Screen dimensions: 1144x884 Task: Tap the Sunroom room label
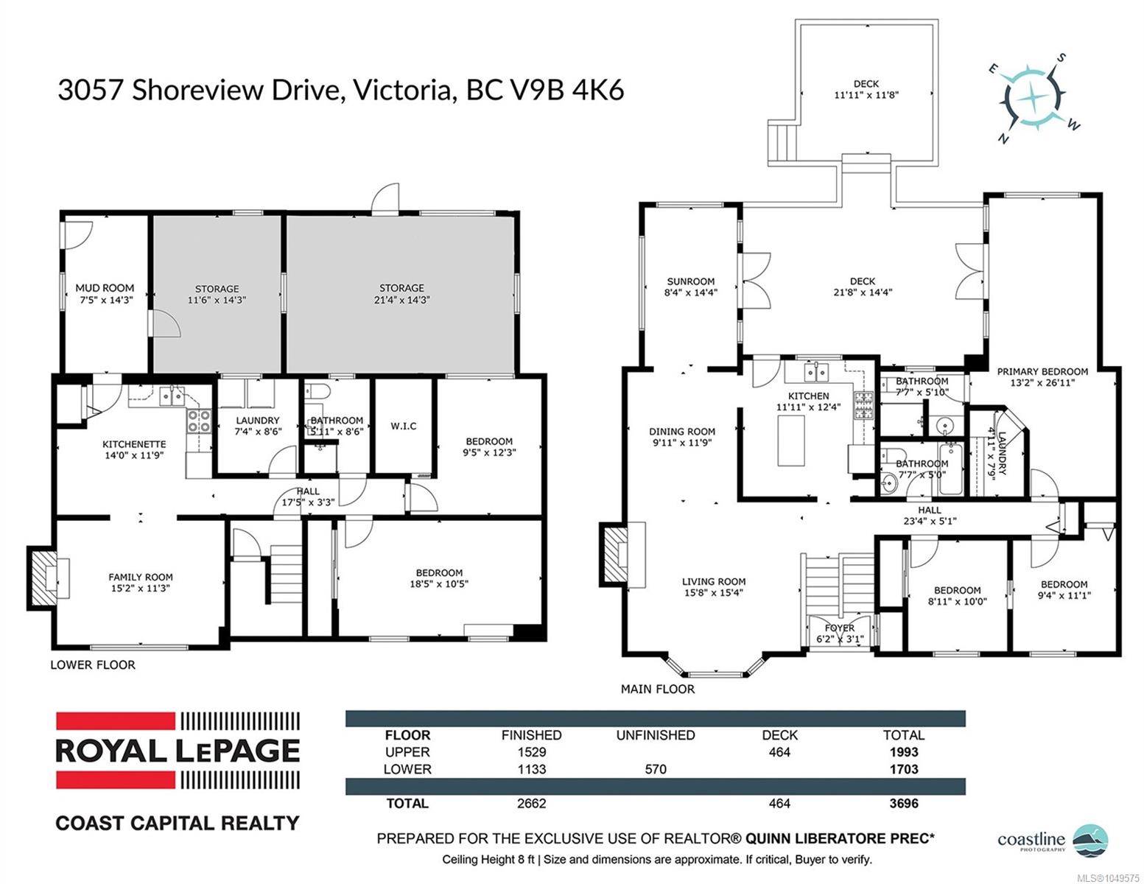[x=691, y=281]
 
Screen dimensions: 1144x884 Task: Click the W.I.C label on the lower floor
[x=403, y=426]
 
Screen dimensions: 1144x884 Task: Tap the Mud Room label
[x=105, y=288]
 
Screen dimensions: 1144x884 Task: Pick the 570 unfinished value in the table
[x=656, y=769]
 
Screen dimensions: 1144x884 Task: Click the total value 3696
[x=904, y=804]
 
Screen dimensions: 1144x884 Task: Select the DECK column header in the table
[x=779, y=735]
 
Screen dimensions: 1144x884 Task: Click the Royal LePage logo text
[x=178, y=751]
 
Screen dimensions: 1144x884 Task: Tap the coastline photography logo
[x=1053, y=839]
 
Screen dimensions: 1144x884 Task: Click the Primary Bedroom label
[x=1042, y=372]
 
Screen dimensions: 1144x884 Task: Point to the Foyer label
[x=840, y=628]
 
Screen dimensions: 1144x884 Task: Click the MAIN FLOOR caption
[x=658, y=689]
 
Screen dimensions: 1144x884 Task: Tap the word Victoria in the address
[x=401, y=90]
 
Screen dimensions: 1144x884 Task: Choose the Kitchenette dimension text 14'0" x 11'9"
[x=134, y=455]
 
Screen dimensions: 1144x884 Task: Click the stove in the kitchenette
[x=199, y=421]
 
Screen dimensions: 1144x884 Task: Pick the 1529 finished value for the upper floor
[x=532, y=752]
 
